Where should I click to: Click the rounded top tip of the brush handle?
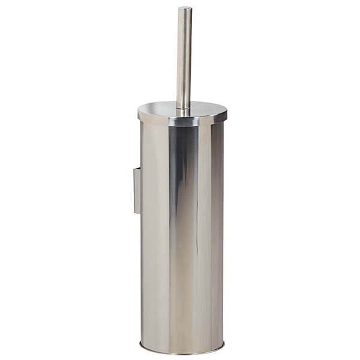pos(184,9)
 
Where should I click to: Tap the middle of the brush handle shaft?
pos(184,57)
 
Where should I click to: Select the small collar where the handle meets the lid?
pos(183,110)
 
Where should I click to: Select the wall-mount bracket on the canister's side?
pos(137,190)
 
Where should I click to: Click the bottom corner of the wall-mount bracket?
pos(136,213)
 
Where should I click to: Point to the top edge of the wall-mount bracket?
pos(137,169)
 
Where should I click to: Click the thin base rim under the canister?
pos(182,350)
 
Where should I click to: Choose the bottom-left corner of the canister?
pos(141,344)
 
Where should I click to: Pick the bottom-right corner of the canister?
pos(224,344)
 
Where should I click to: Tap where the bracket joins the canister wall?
pos(141,190)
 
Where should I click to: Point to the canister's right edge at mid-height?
pos(223,234)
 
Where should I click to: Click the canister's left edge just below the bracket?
pos(142,225)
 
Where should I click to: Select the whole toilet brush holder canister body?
pos(182,240)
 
